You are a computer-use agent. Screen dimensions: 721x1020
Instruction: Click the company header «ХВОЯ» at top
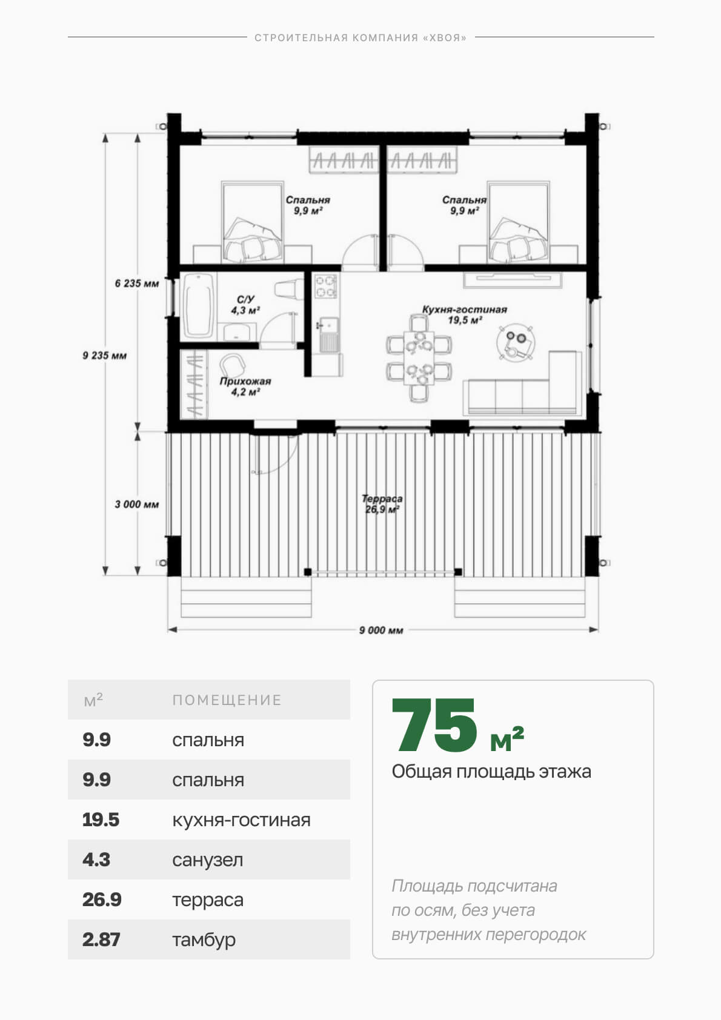click(x=360, y=38)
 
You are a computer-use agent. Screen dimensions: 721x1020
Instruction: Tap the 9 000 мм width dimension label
click(x=381, y=630)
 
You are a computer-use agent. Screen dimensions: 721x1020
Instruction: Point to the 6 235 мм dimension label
click(x=137, y=283)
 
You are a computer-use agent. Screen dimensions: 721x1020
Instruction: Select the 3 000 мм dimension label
click(x=137, y=504)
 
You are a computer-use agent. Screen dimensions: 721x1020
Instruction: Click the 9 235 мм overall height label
click(x=104, y=355)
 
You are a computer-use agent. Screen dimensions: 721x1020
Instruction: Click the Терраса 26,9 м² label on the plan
click(x=382, y=504)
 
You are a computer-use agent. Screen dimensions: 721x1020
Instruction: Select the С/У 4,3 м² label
click(x=245, y=305)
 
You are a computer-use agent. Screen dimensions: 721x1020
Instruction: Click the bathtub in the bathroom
click(x=199, y=305)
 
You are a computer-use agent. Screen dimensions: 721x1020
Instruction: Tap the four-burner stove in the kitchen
click(x=327, y=286)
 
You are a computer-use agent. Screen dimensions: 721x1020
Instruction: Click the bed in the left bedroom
click(x=253, y=222)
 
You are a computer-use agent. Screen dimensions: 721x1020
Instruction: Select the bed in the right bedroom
click(x=518, y=222)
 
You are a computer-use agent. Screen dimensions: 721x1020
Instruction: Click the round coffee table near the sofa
click(x=516, y=342)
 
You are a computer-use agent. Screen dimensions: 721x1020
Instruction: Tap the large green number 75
click(x=434, y=726)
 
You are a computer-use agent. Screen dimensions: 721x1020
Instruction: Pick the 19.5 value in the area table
click(x=101, y=820)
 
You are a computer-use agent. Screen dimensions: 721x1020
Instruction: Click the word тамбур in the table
click(x=204, y=940)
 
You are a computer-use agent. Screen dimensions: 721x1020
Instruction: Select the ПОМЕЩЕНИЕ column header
click(x=227, y=700)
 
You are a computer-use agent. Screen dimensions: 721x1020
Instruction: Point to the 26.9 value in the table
click(x=102, y=900)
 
